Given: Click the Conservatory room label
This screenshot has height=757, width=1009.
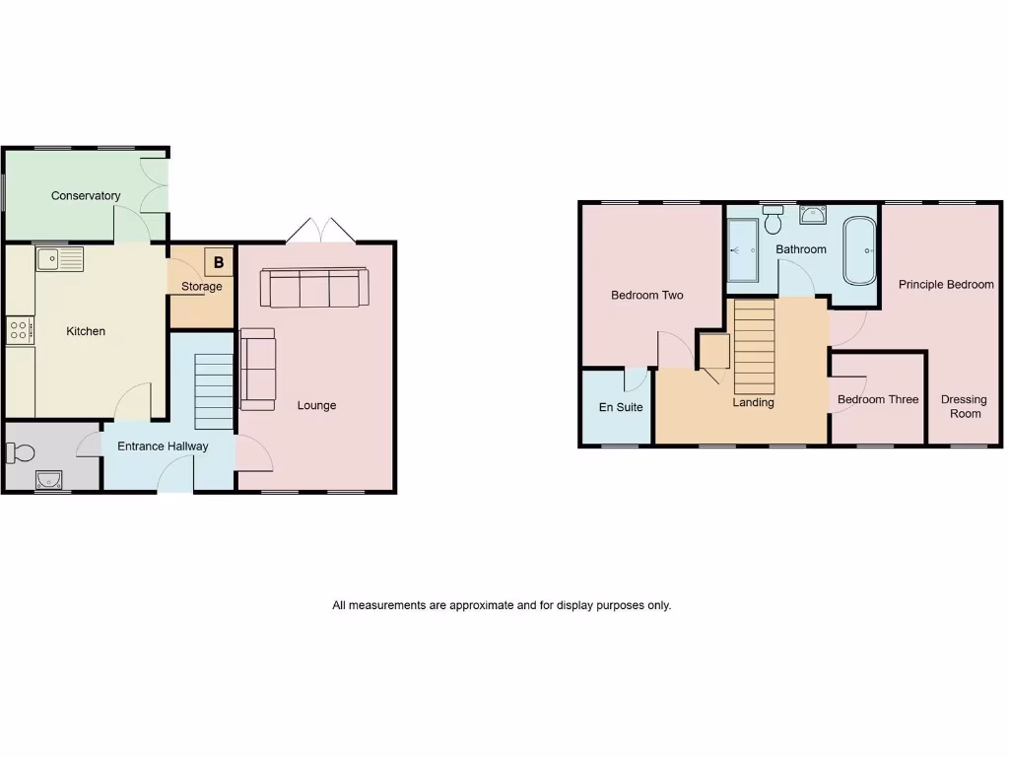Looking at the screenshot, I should (86, 195).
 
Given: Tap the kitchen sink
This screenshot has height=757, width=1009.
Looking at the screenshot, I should (59, 259).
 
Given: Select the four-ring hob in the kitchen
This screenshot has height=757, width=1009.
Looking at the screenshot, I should (21, 330).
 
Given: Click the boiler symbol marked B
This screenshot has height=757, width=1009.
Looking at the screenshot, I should (219, 262).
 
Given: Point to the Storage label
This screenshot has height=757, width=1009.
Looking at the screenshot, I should (201, 287).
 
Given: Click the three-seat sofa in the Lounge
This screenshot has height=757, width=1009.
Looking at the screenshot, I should (314, 288).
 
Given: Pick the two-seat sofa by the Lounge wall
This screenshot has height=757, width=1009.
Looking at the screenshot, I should (258, 369).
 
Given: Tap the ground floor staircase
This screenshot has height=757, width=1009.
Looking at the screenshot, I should (214, 391).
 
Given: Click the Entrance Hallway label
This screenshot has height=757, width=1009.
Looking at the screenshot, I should (163, 447).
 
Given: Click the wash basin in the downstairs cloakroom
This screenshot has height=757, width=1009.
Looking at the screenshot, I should (47, 480).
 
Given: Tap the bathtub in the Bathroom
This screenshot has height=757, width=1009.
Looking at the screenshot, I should (858, 249).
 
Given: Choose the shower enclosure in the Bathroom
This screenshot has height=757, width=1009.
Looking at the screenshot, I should (742, 249).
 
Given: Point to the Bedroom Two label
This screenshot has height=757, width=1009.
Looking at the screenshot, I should (646, 295).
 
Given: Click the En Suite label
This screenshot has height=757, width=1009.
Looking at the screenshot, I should (621, 407).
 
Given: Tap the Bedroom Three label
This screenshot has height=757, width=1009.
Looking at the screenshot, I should (877, 399).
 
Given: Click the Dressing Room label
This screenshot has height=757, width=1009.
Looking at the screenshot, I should (964, 406).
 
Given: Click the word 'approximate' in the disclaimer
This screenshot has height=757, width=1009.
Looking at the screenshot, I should (481, 605).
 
